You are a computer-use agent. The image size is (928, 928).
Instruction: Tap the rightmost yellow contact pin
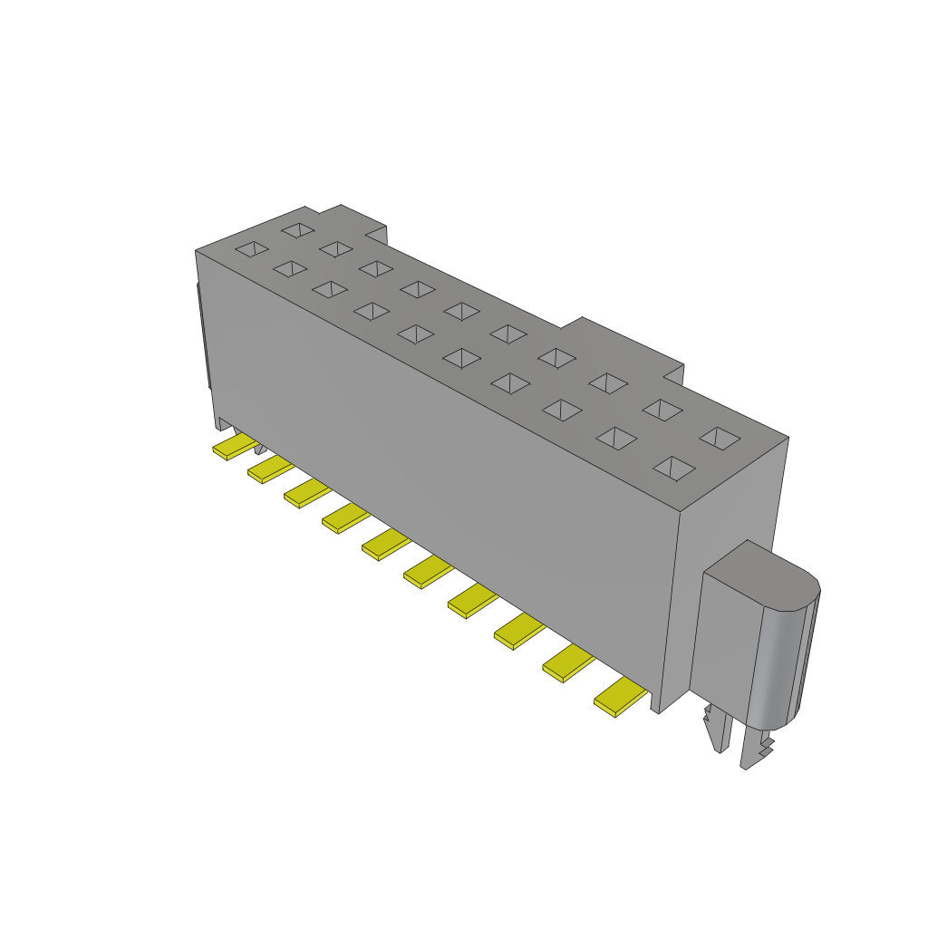click(620, 697)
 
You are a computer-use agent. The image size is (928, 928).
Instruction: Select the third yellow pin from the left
click(306, 493)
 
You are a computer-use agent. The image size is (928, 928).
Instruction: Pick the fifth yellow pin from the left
click(384, 544)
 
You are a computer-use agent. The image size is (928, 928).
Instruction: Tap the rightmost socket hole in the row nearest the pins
click(673, 468)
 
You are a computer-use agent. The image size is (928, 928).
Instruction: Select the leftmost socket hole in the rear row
click(296, 230)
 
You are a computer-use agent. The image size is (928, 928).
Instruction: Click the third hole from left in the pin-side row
click(330, 289)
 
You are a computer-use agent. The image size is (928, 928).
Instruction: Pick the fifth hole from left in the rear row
click(462, 311)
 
